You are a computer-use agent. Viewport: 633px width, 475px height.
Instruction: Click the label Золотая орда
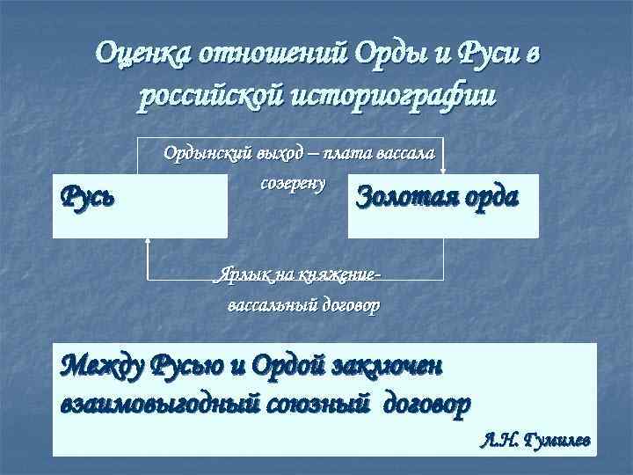click(437, 195)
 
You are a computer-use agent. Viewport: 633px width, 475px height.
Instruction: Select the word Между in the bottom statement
click(102, 362)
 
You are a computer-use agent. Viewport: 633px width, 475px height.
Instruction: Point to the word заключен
click(391, 362)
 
